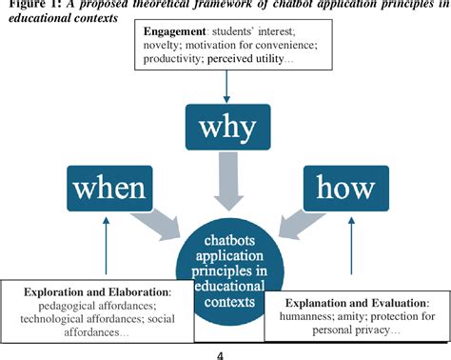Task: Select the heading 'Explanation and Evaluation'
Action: point(350,302)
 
